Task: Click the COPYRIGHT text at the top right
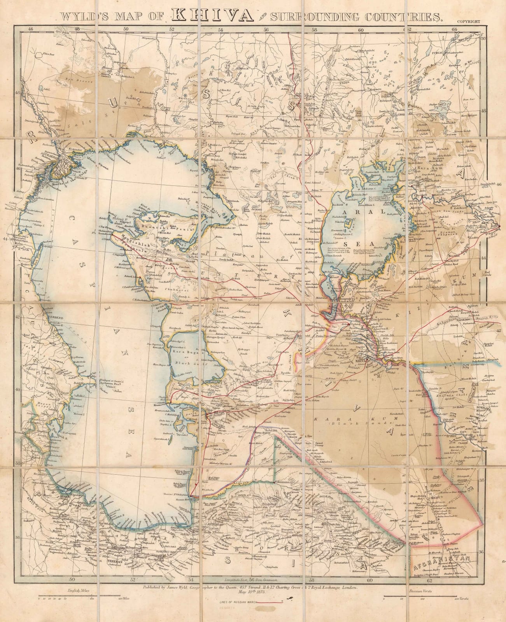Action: pyautogui.click(x=470, y=23)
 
